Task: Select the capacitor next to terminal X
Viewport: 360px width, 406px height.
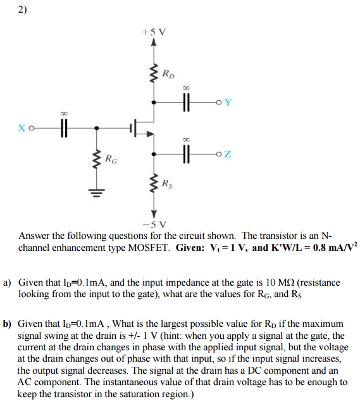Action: coord(63,127)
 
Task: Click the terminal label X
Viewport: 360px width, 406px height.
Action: coord(23,127)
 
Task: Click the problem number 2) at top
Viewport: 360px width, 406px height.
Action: coord(23,10)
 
